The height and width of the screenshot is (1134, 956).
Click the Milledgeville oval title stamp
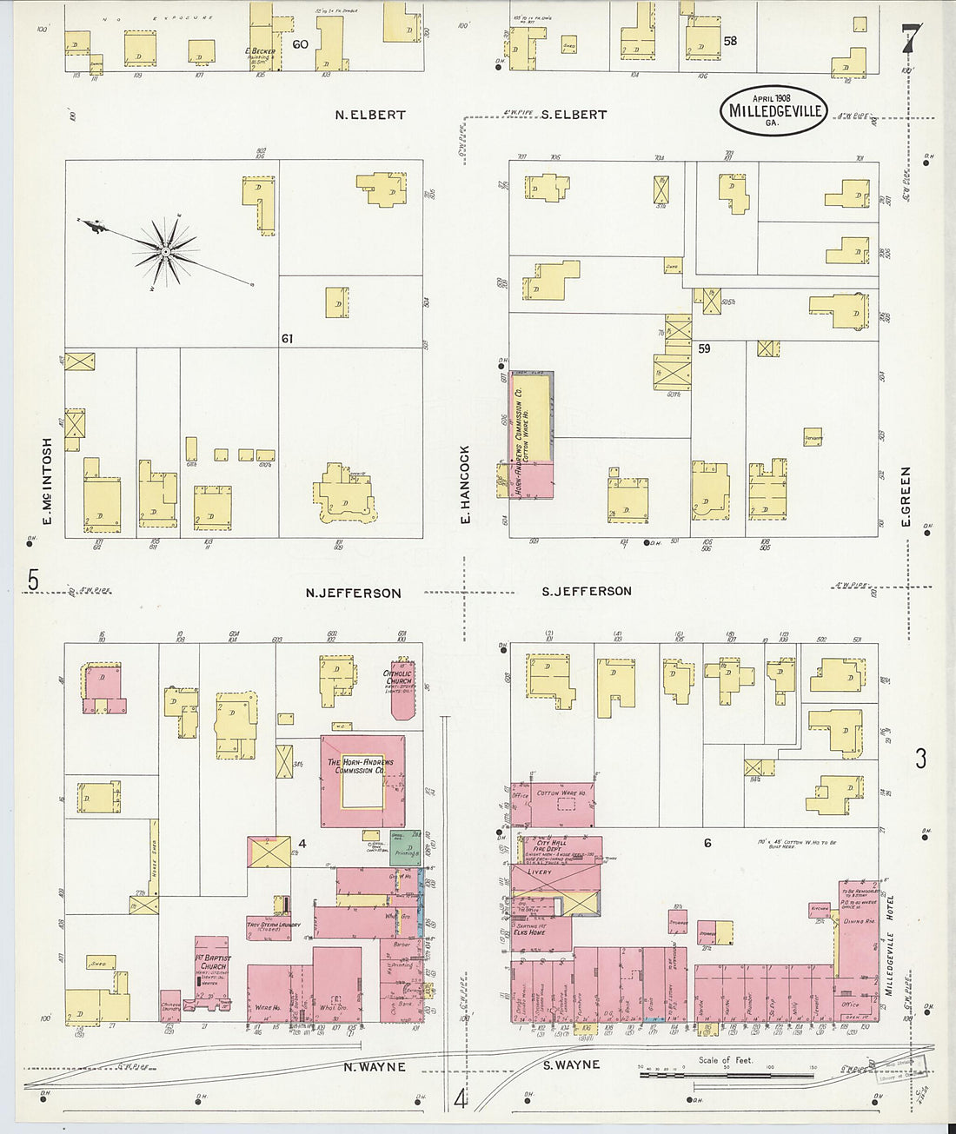(x=773, y=110)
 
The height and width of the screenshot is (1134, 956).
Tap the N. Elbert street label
(x=370, y=115)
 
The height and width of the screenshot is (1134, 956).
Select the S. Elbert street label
(x=574, y=115)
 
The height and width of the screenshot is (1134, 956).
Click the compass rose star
(x=164, y=251)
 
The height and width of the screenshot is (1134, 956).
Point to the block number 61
(x=287, y=338)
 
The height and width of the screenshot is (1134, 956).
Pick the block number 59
(x=704, y=348)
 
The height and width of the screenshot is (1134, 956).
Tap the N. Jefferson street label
(x=353, y=594)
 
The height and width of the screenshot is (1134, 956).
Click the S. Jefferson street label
(x=587, y=592)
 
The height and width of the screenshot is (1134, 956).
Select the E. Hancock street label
(x=466, y=484)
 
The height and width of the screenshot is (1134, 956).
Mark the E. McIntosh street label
(x=48, y=481)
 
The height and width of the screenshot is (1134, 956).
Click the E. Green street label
(x=906, y=496)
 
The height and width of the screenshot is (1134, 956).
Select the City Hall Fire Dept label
(x=551, y=846)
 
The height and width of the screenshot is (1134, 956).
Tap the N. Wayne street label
(x=375, y=1067)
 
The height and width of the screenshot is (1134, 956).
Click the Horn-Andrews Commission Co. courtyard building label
(x=360, y=766)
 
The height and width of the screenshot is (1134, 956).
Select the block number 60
(x=301, y=43)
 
